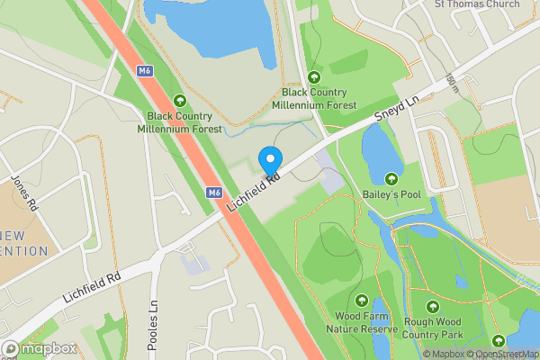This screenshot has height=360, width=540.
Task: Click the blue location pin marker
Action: (x=270, y=160)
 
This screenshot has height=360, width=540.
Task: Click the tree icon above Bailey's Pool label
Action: (x=391, y=178)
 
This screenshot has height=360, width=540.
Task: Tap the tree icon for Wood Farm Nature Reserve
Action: (x=362, y=301)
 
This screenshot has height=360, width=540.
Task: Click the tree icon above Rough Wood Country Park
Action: (x=433, y=307)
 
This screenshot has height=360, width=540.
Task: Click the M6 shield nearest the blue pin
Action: (x=214, y=192)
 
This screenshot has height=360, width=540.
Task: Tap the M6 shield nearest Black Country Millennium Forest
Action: (x=146, y=70)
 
